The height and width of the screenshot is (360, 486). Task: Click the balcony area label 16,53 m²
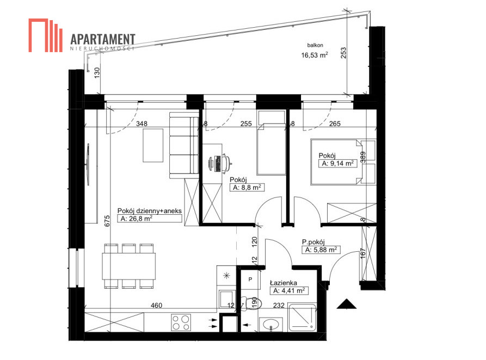pyautogui.click(x=315, y=55)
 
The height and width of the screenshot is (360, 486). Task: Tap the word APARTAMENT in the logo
pyautogui.click(x=103, y=39)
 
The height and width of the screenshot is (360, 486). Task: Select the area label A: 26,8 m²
pyautogui.click(x=137, y=219)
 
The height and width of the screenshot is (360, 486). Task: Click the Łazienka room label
pyautogui.click(x=284, y=283)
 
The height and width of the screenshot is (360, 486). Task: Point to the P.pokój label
pyautogui.click(x=313, y=242)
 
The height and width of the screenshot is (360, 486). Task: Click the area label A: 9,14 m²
pyautogui.click(x=338, y=163)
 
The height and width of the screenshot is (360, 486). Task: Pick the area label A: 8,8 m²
pyautogui.click(x=247, y=187)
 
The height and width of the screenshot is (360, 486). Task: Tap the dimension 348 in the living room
pyautogui.click(x=142, y=123)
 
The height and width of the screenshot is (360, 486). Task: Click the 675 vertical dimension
pyautogui.click(x=107, y=221)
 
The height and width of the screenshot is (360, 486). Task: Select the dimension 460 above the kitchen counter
pyautogui.click(x=156, y=306)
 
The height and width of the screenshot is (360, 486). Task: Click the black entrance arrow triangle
pyautogui.click(x=347, y=304)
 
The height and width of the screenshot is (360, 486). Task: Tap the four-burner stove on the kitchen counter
pyautogui.click(x=181, y=322)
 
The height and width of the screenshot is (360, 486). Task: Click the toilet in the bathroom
pyautogui.click(x=251, y=303)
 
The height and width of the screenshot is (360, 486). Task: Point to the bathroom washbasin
pyautogui.click(x=270, y=325)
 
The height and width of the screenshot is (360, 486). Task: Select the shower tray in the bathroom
pyautogui.click(x=302, y=318)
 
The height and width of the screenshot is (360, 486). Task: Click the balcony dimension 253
pyautogui.click(x=343, y=53)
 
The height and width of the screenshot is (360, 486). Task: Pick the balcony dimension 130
pyautogui.click(x=97, y=72)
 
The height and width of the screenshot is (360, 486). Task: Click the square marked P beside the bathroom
pyautogui.click(x=250, y=280)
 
